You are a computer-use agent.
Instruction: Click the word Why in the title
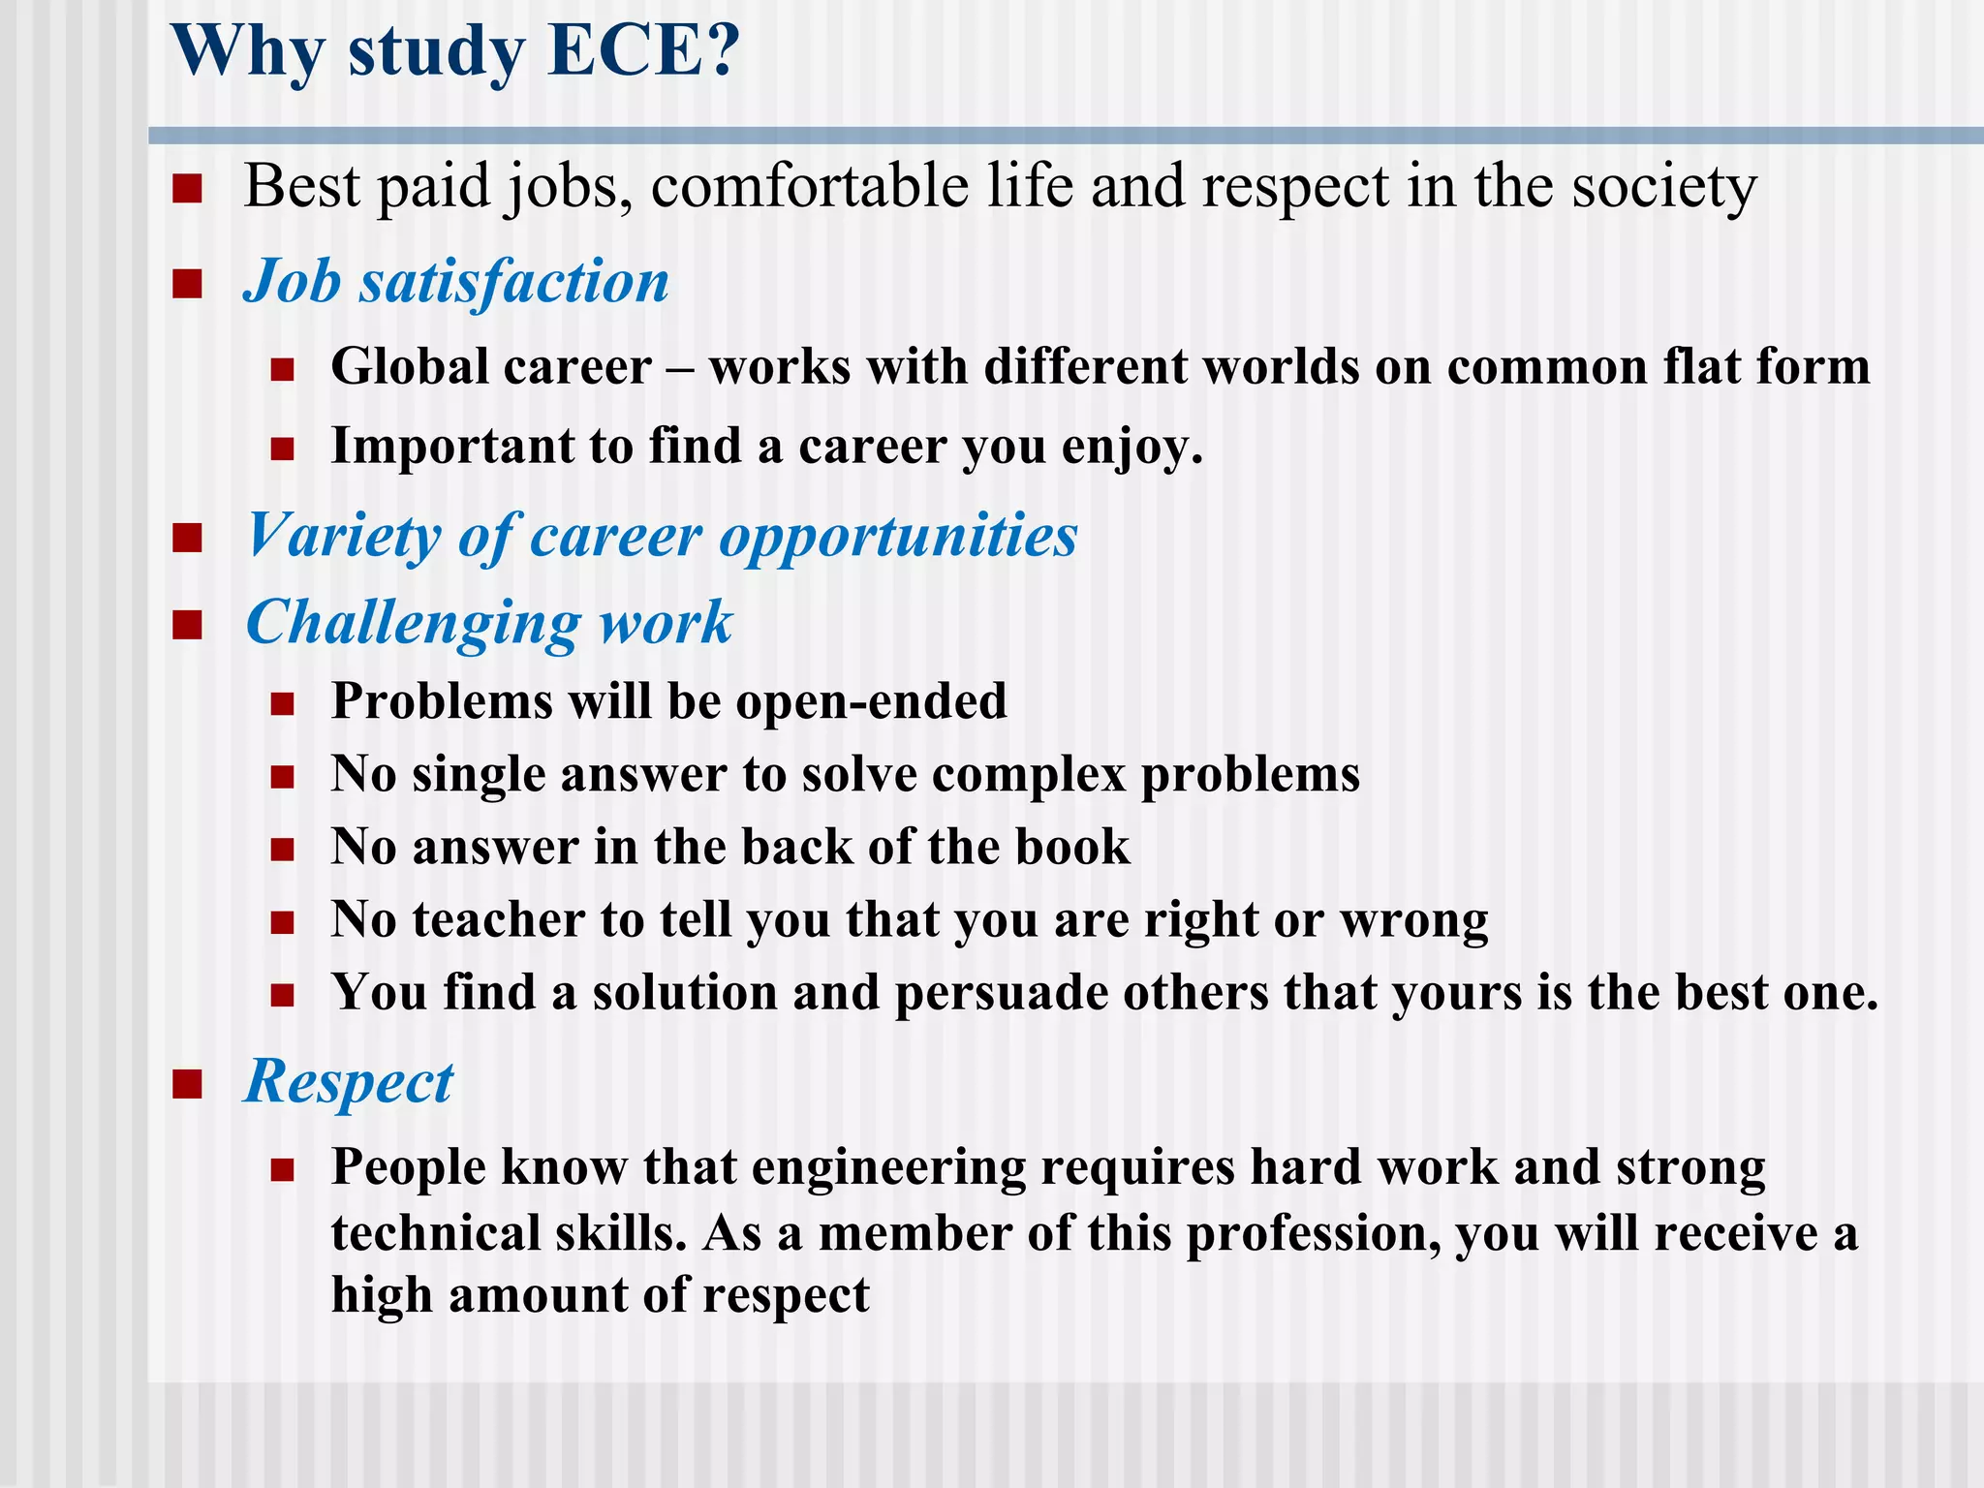coord(248,52)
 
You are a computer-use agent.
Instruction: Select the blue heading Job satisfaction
coord(455,282)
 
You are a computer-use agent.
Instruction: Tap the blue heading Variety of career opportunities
coord(662,536)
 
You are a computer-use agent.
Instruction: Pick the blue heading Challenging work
coord(489,622)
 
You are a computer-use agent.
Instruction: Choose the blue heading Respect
coord(349,1081)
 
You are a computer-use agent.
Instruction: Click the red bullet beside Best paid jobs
coord(187,188)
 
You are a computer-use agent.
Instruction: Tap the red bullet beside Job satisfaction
coord(187,284)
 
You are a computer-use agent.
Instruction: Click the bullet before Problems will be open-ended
coord(282,703)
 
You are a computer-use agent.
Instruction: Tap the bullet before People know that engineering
coord(282,1170)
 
